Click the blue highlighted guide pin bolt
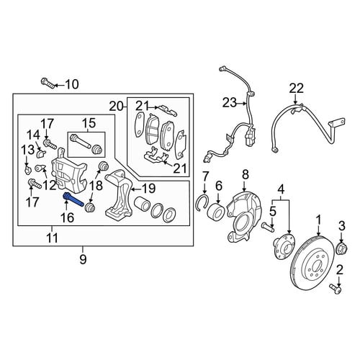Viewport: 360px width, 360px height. click(73, 199)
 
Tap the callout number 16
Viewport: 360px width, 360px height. click(67, 217)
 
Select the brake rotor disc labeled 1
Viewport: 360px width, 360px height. click(315, 264)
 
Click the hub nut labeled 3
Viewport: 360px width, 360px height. click(342, 248)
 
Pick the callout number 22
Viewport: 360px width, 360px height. click(296, 89)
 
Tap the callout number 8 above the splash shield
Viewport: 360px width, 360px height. click(246, 175)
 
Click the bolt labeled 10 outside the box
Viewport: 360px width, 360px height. click(48, 84)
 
